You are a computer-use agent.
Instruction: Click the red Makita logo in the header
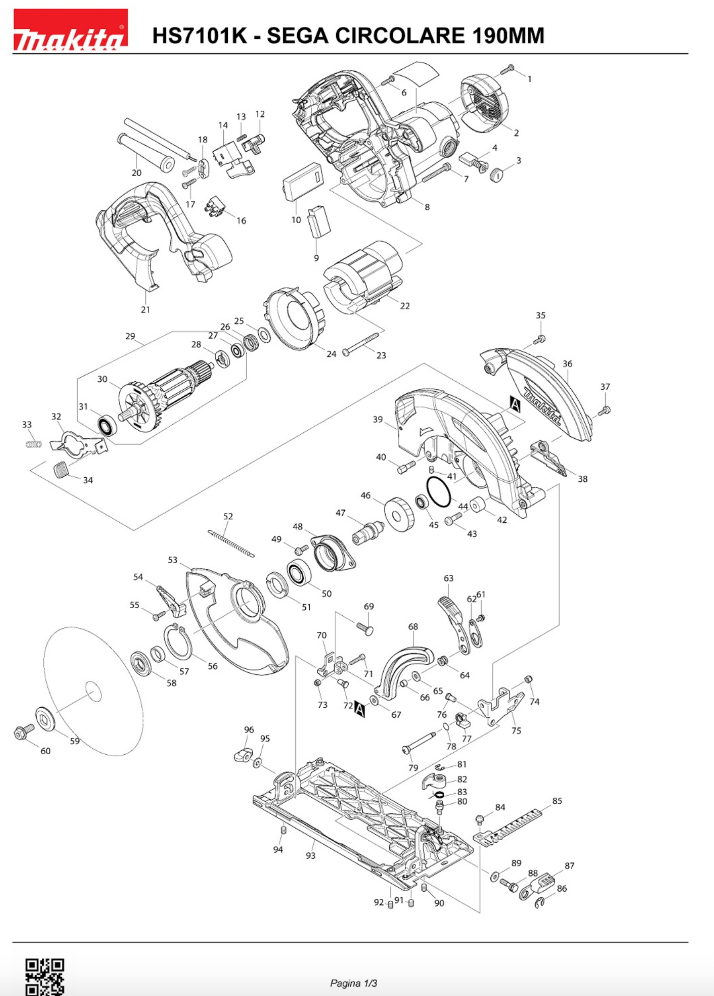point(70,30)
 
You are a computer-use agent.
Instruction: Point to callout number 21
point(145,310)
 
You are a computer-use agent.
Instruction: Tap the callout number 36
point(568,364)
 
